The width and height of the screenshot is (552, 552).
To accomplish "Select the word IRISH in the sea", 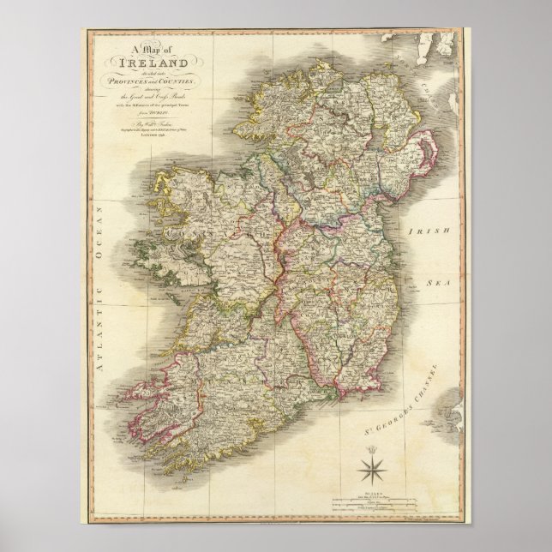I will click(x=425, y=232).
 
